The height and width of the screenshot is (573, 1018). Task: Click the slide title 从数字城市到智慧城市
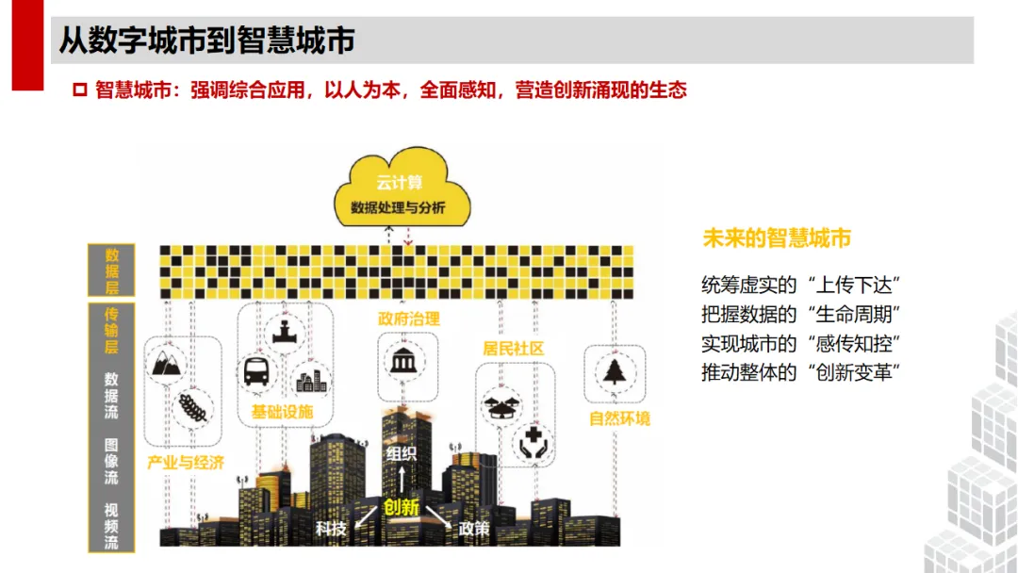tap(206, 41)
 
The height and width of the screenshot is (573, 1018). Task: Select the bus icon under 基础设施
tap(256, 371)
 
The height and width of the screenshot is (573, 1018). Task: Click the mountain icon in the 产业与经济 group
tap(167, 363)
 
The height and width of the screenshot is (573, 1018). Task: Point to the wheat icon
tap(193, 407)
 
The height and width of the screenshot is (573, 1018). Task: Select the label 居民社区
tap(514, 349)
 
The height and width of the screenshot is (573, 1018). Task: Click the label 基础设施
tap(282, 412)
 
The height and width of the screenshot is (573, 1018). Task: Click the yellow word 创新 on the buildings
tap(401, 507)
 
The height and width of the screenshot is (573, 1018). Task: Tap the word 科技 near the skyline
tap(331, 529)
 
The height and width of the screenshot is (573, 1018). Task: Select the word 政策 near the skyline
tap(473, 529)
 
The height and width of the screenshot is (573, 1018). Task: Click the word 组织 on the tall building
tap(401, 453)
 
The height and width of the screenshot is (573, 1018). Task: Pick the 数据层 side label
tap(111, 271)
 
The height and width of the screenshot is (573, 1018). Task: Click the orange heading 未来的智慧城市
tap(777, 238)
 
